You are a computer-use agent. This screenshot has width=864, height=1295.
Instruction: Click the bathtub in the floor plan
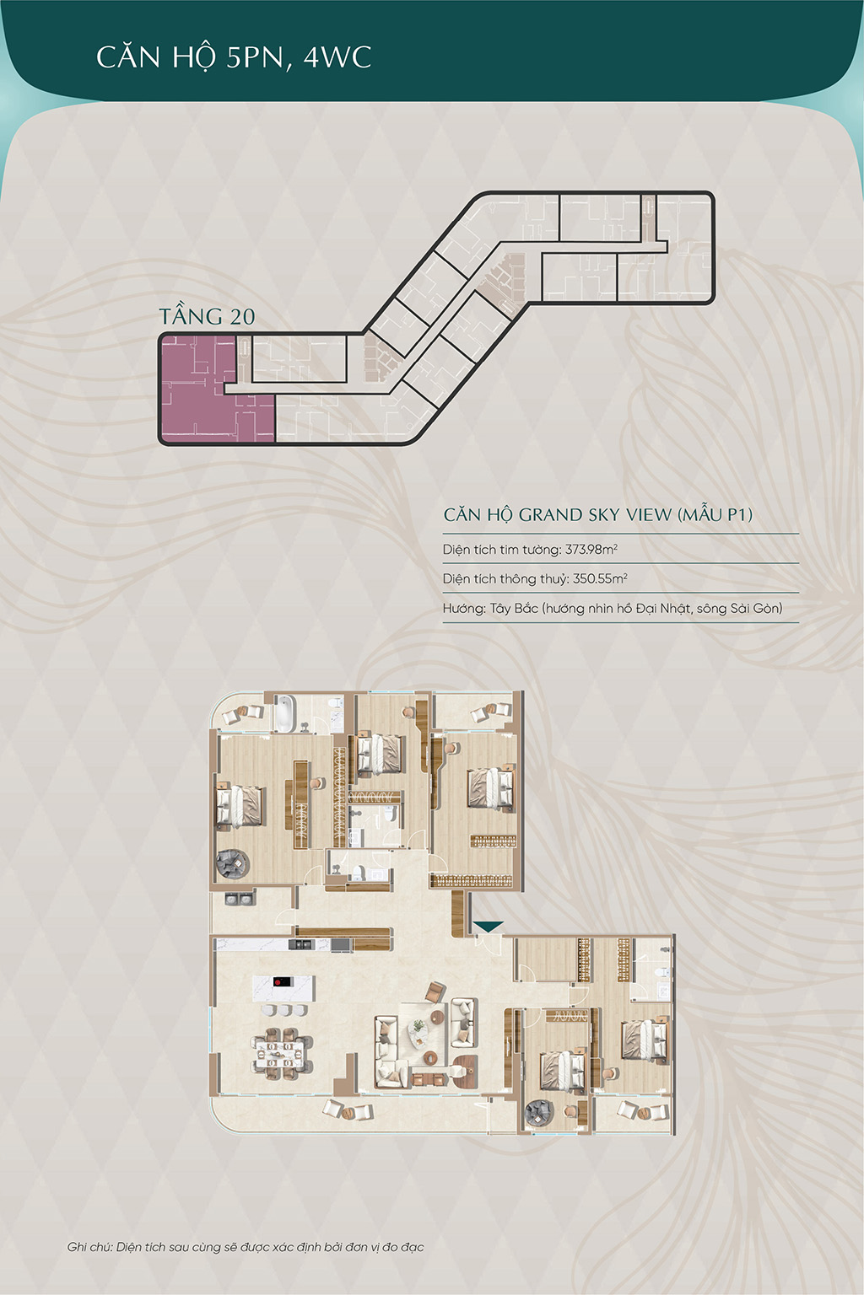[x=284, y=713]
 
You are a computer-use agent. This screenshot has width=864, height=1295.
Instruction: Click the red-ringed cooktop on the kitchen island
[x=282, y=981]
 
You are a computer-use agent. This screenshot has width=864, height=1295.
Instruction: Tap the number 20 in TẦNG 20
[x=242, y=317]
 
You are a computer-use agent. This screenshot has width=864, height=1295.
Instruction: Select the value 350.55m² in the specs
[x=600, y=578]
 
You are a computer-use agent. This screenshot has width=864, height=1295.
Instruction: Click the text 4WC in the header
[x=337, y=58]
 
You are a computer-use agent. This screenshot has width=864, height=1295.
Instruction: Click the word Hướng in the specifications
[x=462, y=608]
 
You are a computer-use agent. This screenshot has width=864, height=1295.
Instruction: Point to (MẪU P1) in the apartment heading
[x=715, y=514]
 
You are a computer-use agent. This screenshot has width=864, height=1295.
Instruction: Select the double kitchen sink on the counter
[x=301, y=944]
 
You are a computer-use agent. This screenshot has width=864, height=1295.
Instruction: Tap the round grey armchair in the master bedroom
[x=233, y=863]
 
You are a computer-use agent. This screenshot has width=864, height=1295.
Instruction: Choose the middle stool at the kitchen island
[x=284, y=1009]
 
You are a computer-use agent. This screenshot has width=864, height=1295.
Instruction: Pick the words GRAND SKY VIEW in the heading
[x=595, y=514]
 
